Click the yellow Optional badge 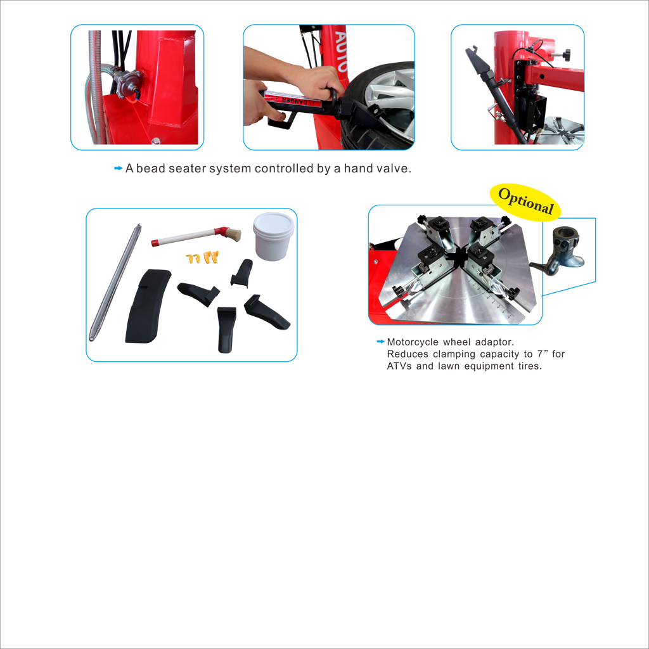[525, 202]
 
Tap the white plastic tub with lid [273, 236]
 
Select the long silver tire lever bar [115, 282]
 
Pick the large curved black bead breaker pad [147, 306]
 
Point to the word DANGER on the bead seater [294, 101]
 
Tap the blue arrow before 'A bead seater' [118, 168]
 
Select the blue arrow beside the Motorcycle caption [380, 342]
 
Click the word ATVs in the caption [399, 366]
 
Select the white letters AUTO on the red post [340, 51]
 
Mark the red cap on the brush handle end [155, 243]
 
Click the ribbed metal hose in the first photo [97, 87]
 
